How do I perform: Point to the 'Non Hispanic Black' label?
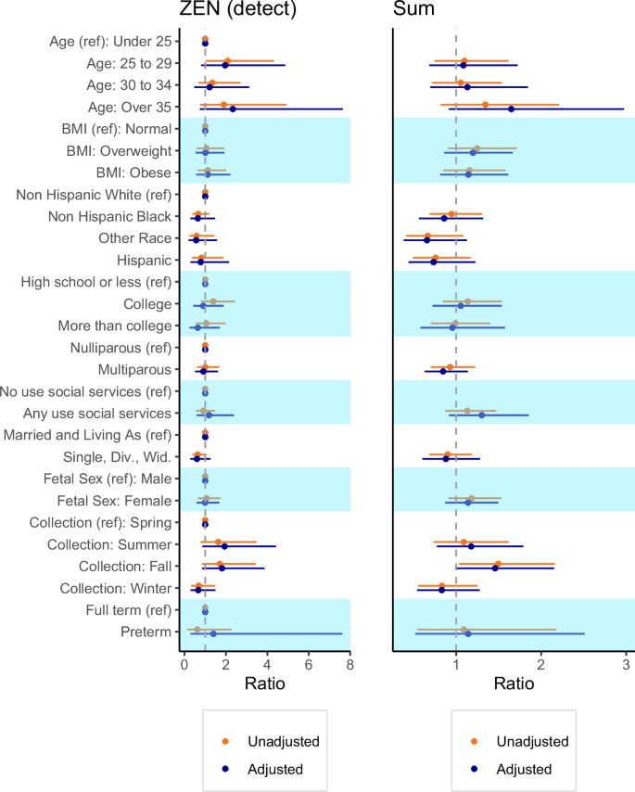tap(110, 216)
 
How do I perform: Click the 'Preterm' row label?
tap(147, 632)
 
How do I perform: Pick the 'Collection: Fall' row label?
tap(117, 566)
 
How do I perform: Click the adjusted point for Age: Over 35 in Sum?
tap(511, 109)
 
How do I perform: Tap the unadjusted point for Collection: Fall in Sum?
tap(498, 564)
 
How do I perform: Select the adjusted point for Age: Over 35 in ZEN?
tap(233, 109)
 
